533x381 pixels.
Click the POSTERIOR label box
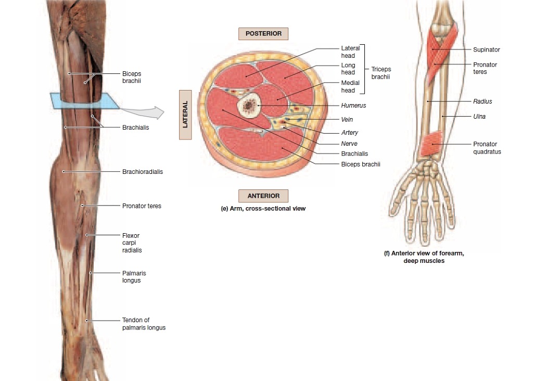[263, 34]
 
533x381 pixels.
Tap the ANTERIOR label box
[263, 196]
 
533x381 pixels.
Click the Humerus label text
[353, 106]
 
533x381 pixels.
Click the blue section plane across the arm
[83, 101]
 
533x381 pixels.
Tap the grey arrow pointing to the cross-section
[143, 111]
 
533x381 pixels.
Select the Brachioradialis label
[142, 172]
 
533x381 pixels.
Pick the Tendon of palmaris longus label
[144, 324]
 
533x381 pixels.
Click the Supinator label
[486, 50]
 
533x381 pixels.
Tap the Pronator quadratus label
[487, 148]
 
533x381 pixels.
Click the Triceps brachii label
[381, 73]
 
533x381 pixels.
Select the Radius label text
[483, 101]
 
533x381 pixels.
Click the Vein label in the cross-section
[347, 120]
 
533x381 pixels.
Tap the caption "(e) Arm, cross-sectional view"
[263, 209]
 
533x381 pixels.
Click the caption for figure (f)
[424, 257]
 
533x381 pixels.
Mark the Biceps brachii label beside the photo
[132, 77]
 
